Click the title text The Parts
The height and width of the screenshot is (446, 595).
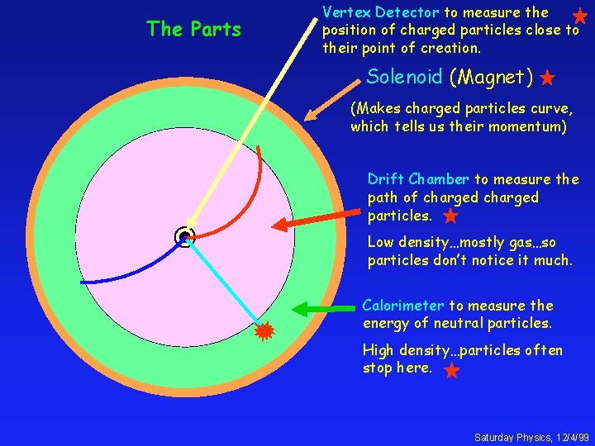[x=193, y=30]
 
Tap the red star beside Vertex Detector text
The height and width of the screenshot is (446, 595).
[x=580, y=16]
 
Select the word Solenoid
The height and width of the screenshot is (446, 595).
[x=404, y=78]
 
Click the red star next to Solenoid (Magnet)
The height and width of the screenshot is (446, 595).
[x=547, y=79]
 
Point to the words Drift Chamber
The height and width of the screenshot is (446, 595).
[x=418, y=179]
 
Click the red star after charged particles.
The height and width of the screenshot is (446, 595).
[x=450, y=216]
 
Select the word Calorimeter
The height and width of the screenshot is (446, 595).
[x=403, y=306]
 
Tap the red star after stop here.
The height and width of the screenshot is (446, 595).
[x=451, y=370]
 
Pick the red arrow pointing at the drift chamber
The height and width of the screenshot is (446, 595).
[x=314, y=216]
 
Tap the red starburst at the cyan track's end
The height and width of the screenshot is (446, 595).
[x=264, y=332]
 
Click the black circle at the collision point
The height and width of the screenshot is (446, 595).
[x=184, y=238]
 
